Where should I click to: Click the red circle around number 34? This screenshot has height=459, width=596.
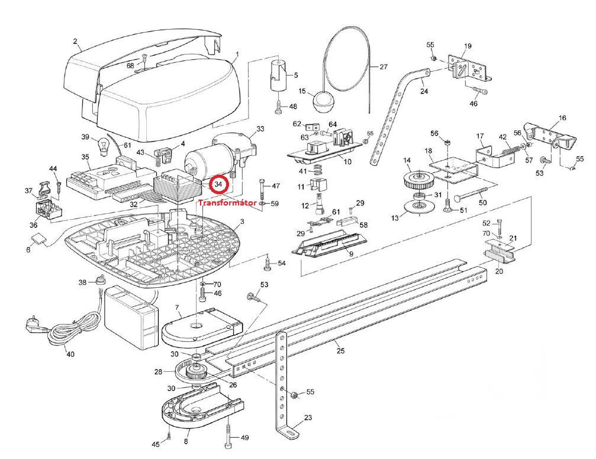click(219, 185)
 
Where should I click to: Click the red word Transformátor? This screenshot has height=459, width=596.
click(227, 203)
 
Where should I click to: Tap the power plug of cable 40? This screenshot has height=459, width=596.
click(31, 324)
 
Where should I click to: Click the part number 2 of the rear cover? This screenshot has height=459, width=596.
click(75, 41)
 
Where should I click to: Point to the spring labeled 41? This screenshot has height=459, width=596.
click(318, 171)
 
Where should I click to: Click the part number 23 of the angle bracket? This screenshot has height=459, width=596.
click(307, 418)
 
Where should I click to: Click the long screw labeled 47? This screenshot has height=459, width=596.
click(260, 190)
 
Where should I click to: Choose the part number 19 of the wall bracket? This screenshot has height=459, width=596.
click(468, 46)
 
